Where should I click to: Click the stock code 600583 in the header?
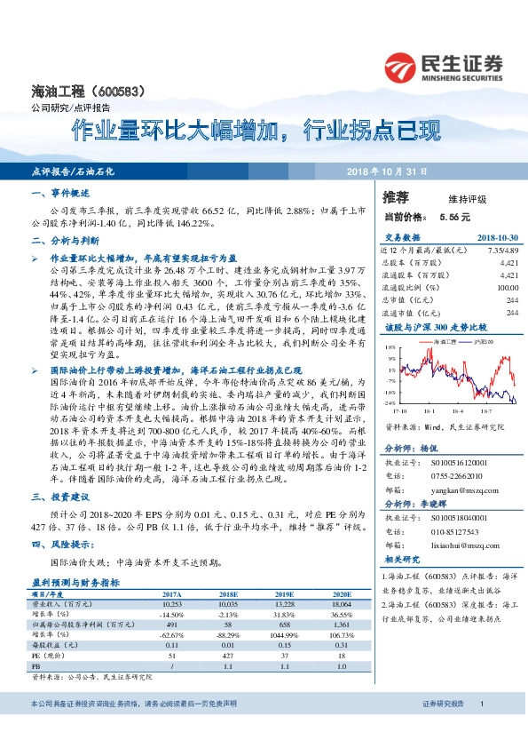coord(130,91)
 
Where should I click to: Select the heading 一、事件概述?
coord(60,193)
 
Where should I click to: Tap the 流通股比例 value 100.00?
coord(507,287)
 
